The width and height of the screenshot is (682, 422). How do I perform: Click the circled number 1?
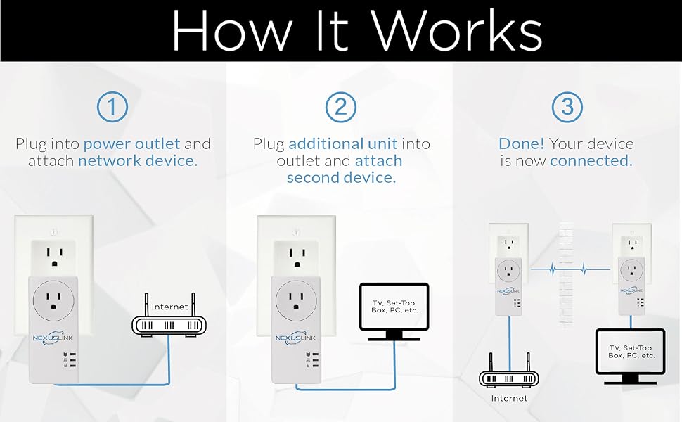pyautogui.click(x=112, y=108)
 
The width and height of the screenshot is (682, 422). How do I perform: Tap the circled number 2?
pyautogui.click(x=341, y=108)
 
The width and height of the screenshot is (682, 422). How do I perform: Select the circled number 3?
pyautogui.click(x=567, y=108)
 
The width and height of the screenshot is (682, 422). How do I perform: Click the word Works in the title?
pyautogui.click(x=456, y=30)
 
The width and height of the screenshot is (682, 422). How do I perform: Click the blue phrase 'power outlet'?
pyautogui.click(x=131, y=144)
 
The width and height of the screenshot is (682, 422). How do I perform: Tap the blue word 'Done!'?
pyautogui.click(x=521, y=144)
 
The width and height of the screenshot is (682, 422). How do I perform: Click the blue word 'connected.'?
pyautogui.click(x=591, y=161)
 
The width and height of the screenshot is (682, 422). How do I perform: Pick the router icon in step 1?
pyautogui.click(x=170, y=326)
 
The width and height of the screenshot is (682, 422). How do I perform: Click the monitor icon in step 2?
pyautogui.click(x=394, y=307)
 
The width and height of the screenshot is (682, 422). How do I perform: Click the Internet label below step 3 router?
pyautogui.click(x=509, y=399)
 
